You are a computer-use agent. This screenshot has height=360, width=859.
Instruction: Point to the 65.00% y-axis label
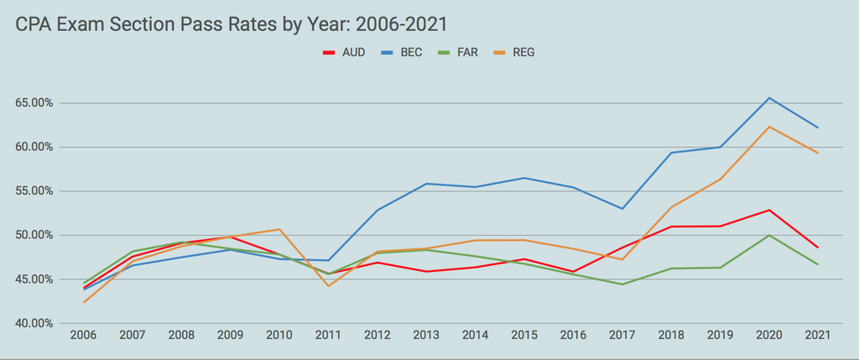click(29, 103)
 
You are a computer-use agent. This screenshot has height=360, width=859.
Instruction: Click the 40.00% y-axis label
click(29, 323)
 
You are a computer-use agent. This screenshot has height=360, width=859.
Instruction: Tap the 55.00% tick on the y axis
click(29, 191)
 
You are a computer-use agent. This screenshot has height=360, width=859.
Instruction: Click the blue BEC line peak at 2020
click(769, 98)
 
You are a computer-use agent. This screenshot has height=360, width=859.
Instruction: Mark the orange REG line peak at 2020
click(769, 127)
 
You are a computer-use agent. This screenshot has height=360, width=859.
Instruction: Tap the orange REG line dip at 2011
click(328, 286)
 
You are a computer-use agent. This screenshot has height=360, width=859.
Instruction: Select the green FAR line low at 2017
click(622, 284)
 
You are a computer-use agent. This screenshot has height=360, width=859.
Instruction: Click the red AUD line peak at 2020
click(769, 210)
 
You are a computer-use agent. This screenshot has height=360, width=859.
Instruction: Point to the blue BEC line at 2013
click(426, 184)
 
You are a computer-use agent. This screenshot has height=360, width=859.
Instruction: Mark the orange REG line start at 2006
click(83, 302)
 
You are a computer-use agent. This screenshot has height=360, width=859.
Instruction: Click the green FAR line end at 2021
click(817, 264)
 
